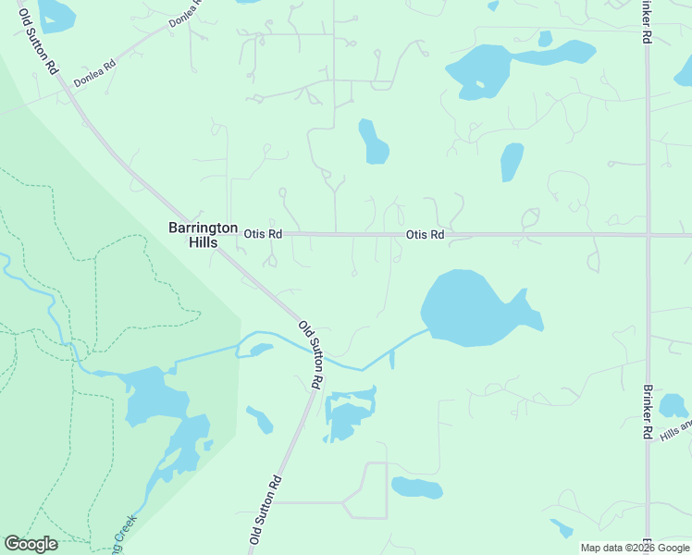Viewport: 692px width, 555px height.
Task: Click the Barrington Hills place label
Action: click(x=193, y=234)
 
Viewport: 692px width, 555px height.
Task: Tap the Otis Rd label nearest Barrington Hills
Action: click(x=263, y=234)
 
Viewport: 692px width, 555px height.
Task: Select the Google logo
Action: click(x=31, y=544)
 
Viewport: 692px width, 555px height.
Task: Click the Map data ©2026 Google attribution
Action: click(x=634, y=548)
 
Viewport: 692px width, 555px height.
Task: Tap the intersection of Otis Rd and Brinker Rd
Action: click(x=649, y=235)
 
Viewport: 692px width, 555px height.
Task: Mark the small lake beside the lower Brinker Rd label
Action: click(x=673, y=405)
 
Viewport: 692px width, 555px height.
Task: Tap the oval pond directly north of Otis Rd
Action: click(x=373, y=142)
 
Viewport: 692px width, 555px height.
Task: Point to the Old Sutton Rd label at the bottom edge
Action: click(x=265, y=512)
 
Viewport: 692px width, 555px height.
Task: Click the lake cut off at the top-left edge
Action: click(x=56, y=13)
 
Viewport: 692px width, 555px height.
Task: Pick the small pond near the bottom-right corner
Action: click(x=561, y=528)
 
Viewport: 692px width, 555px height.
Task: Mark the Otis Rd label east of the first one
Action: click(x=425, y=235)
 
